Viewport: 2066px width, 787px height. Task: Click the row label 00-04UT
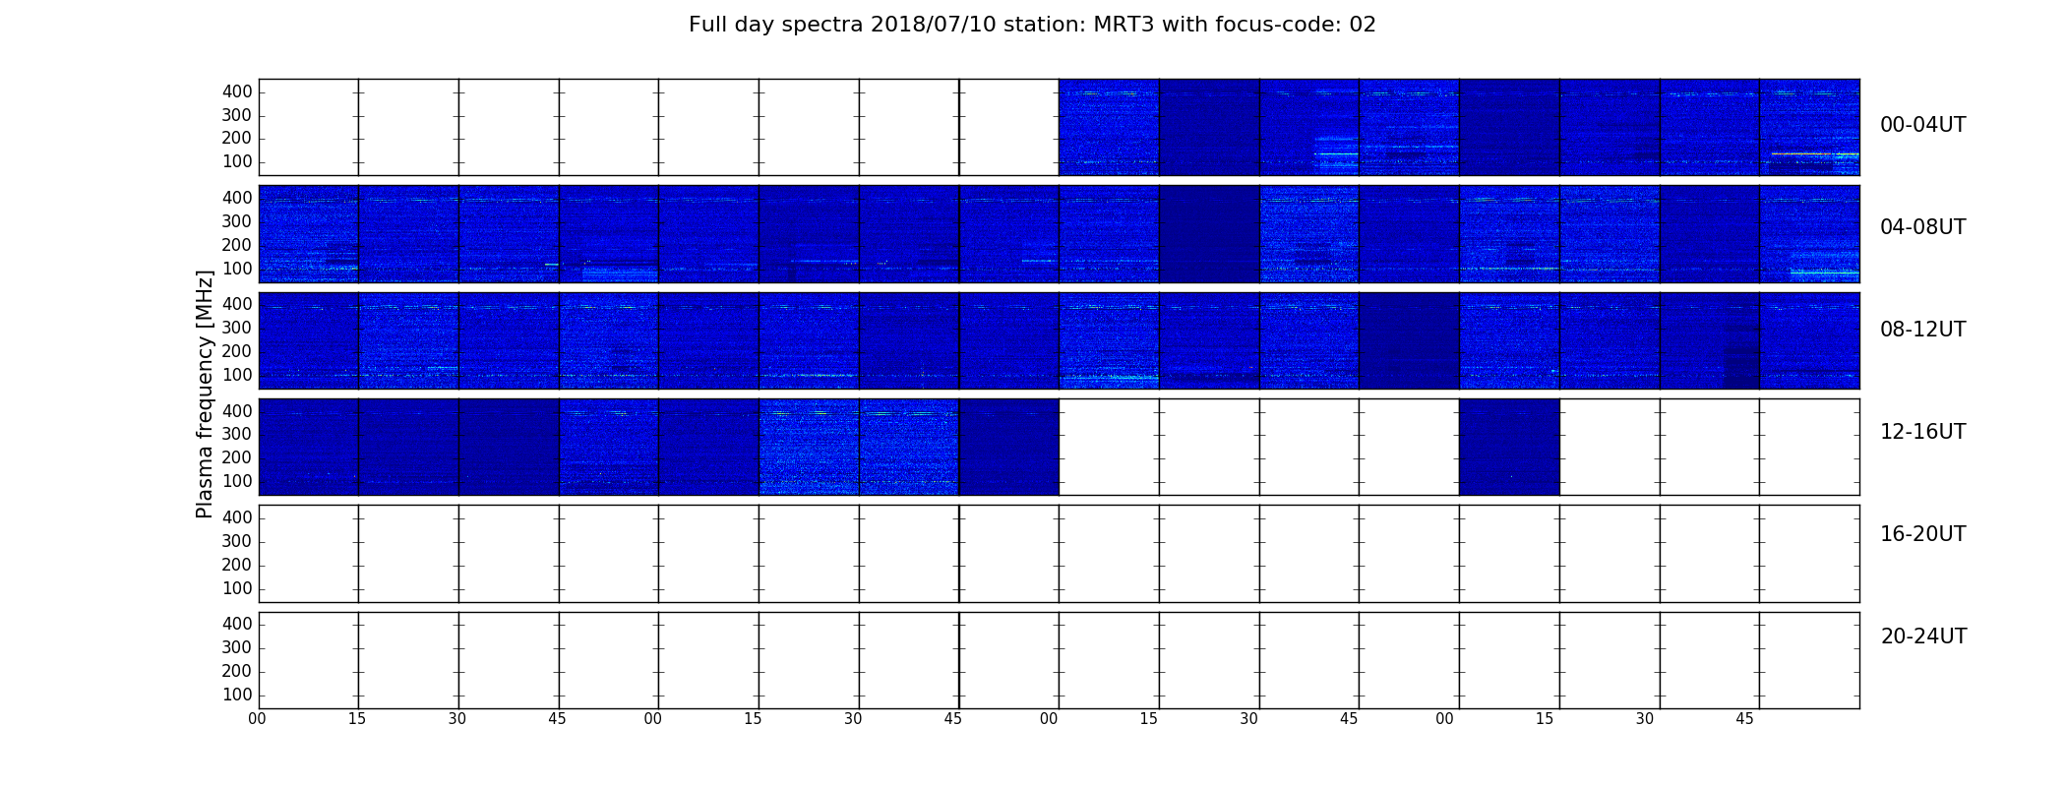point(1922,125)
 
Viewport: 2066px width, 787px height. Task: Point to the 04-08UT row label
point(1922,227)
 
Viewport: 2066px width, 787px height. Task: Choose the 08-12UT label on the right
point(1922,330)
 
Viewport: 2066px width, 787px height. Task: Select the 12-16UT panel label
point(1922,432)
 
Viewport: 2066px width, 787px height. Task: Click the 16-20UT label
point(1922,534)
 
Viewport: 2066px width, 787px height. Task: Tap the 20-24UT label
point(1923,636)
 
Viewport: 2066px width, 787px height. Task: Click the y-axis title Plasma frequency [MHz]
point(205,393)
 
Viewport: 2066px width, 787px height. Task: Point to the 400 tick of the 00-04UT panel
point(237,91)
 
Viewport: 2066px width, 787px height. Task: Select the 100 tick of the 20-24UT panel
point(237,695)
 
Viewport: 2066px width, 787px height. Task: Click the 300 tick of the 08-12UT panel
point(237,328)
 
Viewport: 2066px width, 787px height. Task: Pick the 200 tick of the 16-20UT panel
point(237,565)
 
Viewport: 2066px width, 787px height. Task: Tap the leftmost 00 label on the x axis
point(257,719)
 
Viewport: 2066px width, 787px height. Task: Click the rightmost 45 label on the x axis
point(1744,719)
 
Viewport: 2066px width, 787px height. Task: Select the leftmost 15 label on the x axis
point(357,719)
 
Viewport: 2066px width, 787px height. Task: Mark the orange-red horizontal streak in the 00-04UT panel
point(1815,153)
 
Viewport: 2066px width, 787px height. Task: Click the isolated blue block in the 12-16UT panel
point(1509,447)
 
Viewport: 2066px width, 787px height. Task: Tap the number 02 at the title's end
point(1364,25)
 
